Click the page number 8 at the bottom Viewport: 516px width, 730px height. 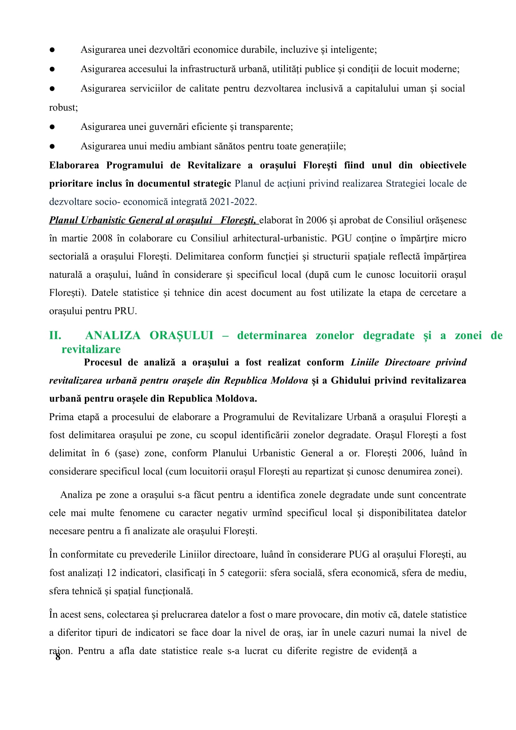pyautogui.click(x=57, y=657)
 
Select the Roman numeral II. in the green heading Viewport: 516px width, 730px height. pyautogui.click(x=55, y=336)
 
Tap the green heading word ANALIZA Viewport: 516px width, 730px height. pyautogui.click(x=113, y=336)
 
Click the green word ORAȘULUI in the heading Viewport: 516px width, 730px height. pyautogui.click(x=182, y=336)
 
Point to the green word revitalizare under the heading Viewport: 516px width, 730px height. pyautogui.click(x=91, y=349)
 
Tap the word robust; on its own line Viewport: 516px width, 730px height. pyautogui.click(x=63, y=107)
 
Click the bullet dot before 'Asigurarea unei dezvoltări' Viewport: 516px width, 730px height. pyautogui.click(x=52, y=50)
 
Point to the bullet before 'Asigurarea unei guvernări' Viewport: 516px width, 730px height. pyautogui.click(x=52, y=127)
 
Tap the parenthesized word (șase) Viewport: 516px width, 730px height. pyautogui.click(x=127, y=453)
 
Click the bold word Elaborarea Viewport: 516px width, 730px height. pyautogui.click(x=74, y=165)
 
